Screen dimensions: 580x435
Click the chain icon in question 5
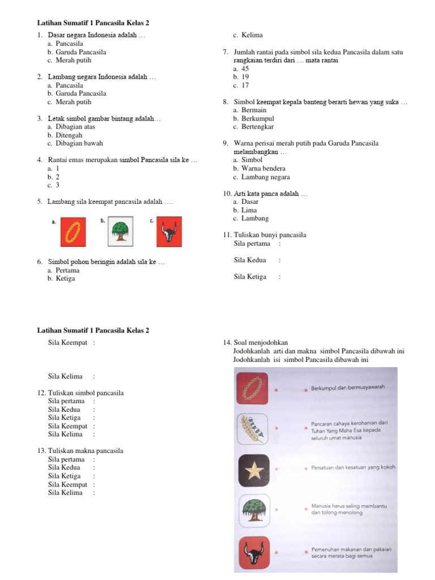click(73, 232)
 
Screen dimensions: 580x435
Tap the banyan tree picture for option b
click(120, 232)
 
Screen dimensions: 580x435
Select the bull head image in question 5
click(169, 232)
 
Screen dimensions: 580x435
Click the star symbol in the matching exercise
click(253, 469)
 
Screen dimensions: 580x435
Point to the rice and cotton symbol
click(253, 429)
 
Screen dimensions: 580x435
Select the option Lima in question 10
click(249, 210)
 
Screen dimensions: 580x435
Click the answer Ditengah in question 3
click(69, 135)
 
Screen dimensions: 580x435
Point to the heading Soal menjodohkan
click(261, 343)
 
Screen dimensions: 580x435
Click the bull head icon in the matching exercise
click(253, 552)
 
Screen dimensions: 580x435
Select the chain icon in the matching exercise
click(253, 389)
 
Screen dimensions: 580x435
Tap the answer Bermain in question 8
click(253, 110)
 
